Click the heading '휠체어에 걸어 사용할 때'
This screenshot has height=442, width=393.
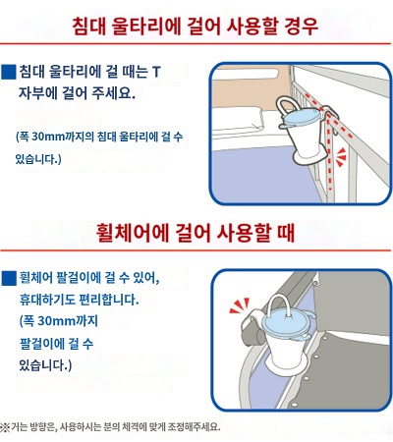196,233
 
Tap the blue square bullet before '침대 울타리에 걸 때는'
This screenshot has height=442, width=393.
10,72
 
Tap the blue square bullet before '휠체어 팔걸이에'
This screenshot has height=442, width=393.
10,278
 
